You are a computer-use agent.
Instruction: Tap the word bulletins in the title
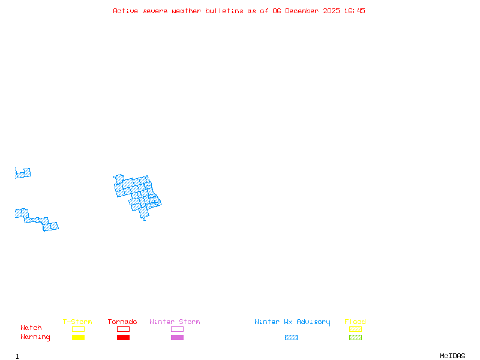tap(224, 11)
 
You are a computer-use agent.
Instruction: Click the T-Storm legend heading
tap(77, 322)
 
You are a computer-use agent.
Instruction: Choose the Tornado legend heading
tap(122, 322)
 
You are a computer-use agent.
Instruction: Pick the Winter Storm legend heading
tap(175, 322)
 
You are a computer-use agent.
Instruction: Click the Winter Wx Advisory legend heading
tap(292, 322)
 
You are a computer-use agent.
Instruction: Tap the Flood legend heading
tap(355, 322)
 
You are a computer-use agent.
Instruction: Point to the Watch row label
tap(31, 328)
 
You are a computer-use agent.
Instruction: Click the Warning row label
tap(35, 337)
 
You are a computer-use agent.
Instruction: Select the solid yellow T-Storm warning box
tap(78, 338)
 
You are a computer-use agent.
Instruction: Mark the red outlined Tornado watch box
tap(123, 329)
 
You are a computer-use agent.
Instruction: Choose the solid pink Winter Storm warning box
tap(177, 338)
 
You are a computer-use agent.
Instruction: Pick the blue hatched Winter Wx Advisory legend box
tap(291, 338)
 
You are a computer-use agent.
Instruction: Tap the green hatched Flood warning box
tap(355, 338)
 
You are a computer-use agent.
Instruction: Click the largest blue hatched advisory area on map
tap(138, 193)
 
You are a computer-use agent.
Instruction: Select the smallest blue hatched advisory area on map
tap(23, 173)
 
